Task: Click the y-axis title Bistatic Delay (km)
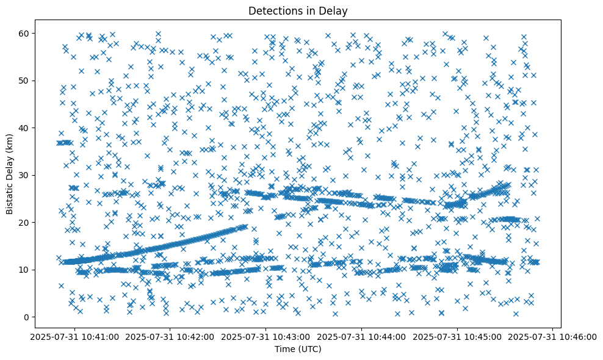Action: pyautogui.click(x=10, y=173)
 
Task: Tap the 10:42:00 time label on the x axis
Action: pyautogui.click(x=171, y=336)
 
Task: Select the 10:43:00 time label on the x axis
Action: pyautogui.click(x=266, y=336)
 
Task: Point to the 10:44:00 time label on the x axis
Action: pyautogui.click(x=362, y=336)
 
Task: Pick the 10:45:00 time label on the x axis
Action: pyautogui.click(x=458, y=336)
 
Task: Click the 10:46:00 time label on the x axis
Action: pyautogui.click(x=553, y=336)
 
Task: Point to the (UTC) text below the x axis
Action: pyautogui.click(x=312, y=350)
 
